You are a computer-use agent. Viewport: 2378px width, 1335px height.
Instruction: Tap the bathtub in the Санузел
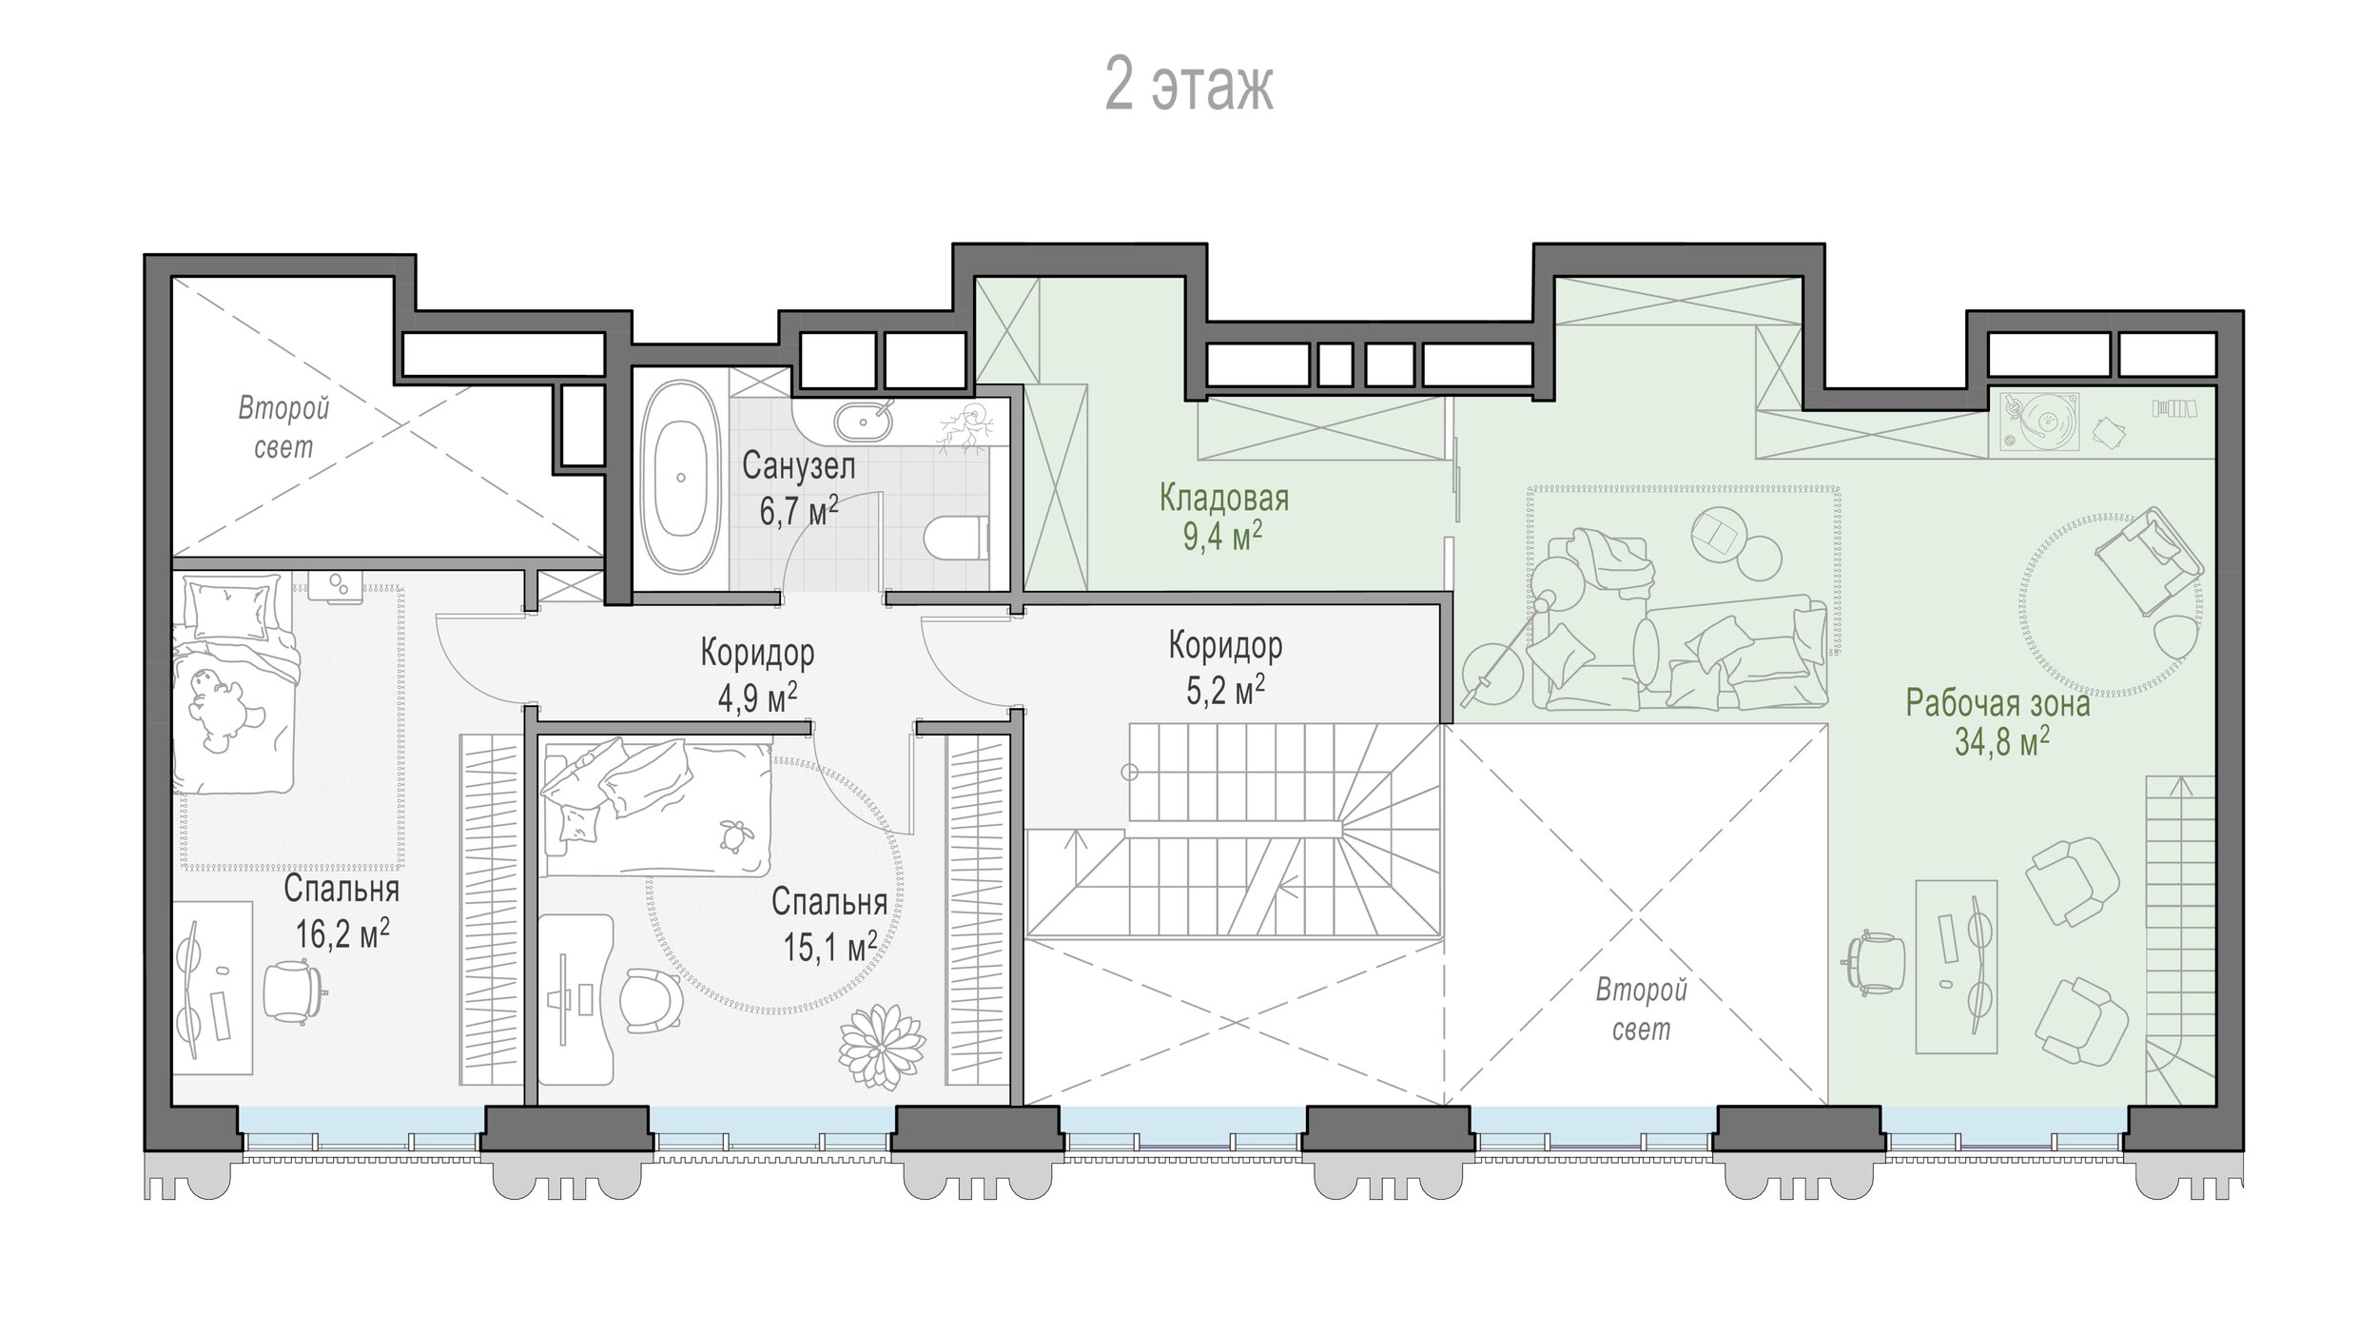679,478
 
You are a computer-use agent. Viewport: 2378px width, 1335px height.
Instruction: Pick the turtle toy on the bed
734,834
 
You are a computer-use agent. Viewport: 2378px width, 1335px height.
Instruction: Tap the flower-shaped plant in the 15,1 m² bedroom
882,1049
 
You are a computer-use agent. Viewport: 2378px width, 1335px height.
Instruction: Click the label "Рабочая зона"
1998,703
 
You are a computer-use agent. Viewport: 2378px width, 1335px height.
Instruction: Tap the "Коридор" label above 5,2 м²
1225,645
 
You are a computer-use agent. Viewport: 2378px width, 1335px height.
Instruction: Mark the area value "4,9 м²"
757,697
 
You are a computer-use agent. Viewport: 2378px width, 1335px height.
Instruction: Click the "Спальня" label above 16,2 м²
341,890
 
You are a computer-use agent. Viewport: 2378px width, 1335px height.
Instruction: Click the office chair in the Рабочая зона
1875,963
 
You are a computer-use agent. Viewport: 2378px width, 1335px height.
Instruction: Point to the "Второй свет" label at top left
283,427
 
